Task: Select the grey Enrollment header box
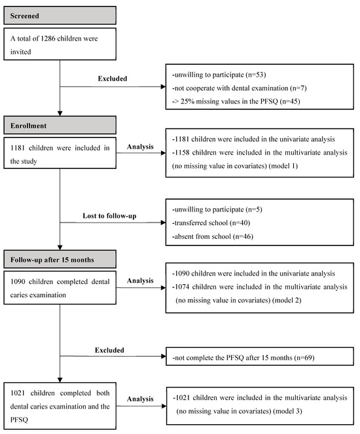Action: pyautogui.click(x=60, y=124)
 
